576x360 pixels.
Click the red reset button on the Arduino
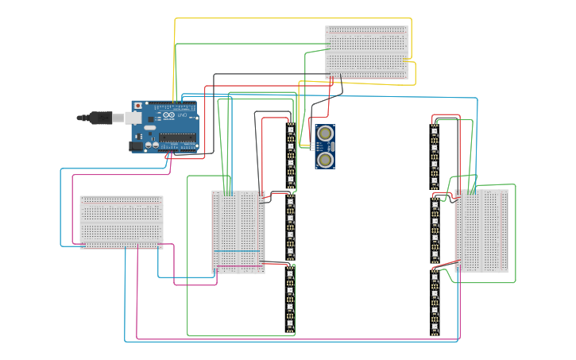pos(138,105)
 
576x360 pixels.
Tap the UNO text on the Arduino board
pos(181,117)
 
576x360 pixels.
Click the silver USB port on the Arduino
pos(133,118)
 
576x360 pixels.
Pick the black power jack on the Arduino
pos(136,146)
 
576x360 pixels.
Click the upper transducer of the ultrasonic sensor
pos(325,134)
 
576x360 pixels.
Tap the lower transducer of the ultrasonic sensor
pos(325,160)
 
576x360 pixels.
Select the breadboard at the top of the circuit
pos(366,52)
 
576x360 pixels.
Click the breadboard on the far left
pos(121,223)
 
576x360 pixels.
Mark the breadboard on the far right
pos(481,231)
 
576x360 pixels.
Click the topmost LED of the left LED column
pos(291,129)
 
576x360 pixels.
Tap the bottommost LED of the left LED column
pos(291,324)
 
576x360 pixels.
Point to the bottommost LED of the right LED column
pos(435,326)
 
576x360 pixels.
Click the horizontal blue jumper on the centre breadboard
pos(237,251)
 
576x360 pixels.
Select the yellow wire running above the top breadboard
pos(294,18)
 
